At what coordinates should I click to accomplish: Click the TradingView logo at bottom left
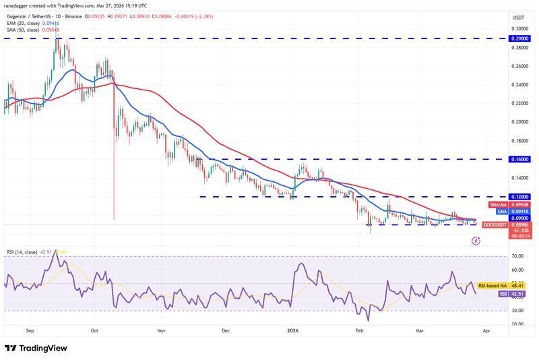[x=37, y=348]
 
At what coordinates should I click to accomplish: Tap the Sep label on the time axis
[x=29, y=331]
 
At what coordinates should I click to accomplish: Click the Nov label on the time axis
[x=160, y=331]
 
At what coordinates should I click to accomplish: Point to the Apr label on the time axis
[x=487, y=331]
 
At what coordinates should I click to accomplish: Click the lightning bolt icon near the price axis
[x=477, y=241]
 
